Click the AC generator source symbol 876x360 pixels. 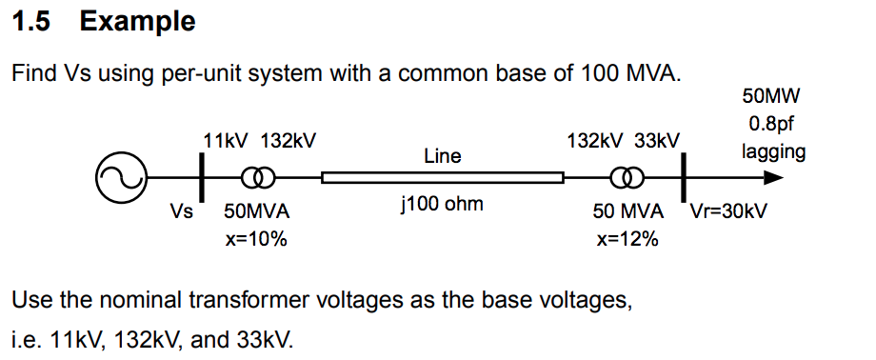point(120,177)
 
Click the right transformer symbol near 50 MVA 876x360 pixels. point(626,177)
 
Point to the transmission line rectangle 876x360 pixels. point(443,177)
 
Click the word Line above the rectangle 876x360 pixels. point(443,155)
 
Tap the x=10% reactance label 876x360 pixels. point(256,239)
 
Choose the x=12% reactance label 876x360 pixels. point(627,239)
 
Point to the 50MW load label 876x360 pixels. point(770,95)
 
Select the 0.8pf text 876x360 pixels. point(770,123)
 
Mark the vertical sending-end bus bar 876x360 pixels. point(202,175)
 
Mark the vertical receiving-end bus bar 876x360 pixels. point(684,175)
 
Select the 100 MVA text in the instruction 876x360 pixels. point(629,73)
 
